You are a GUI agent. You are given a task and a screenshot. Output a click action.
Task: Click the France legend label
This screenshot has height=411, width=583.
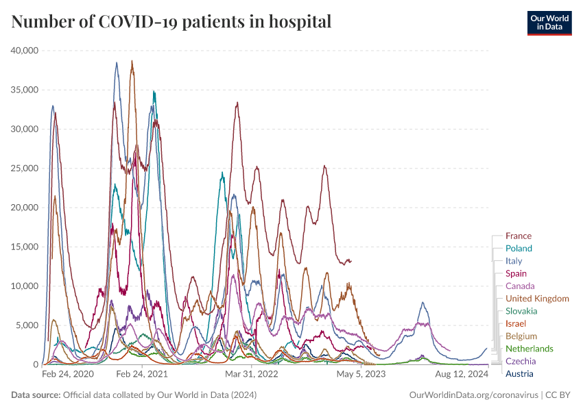[518, 236]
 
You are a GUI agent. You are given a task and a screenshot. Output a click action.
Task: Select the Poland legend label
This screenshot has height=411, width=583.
[518, 249]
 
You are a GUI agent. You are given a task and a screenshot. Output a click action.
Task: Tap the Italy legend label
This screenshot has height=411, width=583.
[514, 261]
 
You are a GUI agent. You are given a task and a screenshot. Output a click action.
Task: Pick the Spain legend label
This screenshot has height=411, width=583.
[516, 274]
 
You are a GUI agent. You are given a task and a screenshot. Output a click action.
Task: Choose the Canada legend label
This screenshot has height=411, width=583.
[520, 286]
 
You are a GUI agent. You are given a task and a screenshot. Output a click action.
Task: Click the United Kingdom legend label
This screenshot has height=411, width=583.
[537, 299]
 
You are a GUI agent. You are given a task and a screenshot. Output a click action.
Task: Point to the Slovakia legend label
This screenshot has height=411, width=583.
[521, 311]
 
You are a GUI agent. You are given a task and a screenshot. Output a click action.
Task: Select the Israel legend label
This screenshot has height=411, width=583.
[515, 323]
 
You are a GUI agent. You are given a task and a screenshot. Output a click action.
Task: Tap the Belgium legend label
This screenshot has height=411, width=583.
[521, 336]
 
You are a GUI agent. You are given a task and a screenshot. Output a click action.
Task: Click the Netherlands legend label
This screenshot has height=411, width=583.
[529, 349]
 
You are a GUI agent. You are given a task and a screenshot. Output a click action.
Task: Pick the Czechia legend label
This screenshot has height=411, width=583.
[521, 361]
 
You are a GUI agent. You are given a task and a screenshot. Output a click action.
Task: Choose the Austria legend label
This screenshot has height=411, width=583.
[519, 374]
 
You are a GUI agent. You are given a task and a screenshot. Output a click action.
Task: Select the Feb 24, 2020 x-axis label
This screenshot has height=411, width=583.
[67, 375]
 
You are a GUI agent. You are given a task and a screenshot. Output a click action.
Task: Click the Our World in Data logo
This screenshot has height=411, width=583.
[549, 23]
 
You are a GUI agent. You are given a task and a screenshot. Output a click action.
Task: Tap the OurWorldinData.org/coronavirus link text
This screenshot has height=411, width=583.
[473, 395]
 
